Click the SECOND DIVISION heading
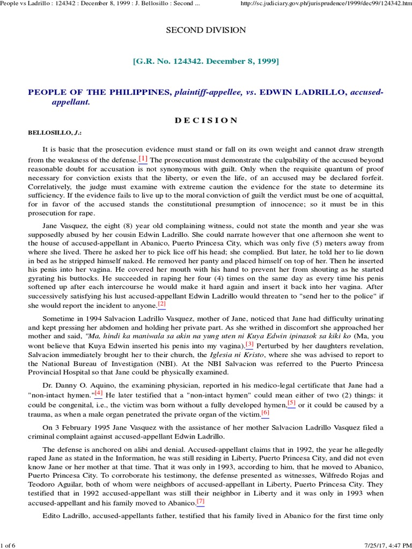[x=205, y=30]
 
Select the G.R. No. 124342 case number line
[x=205, y=62]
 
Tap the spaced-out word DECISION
[x=205, y=120]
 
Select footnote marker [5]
[x=291, y=403]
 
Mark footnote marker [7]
[x=201, y=501]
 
